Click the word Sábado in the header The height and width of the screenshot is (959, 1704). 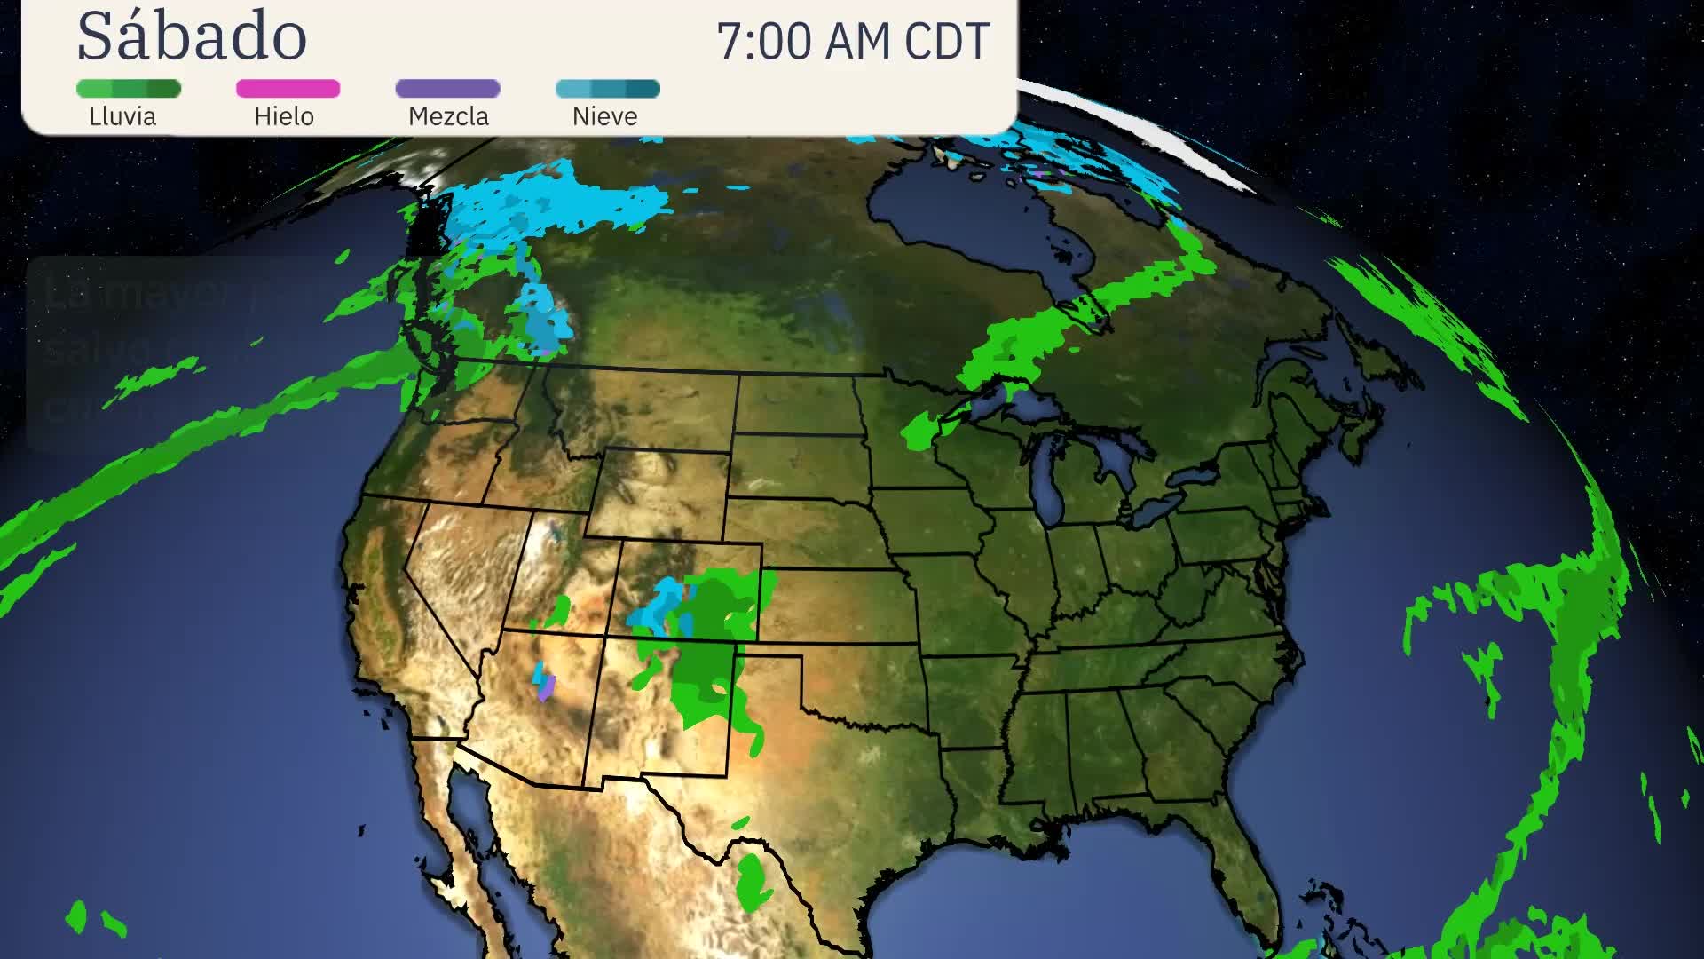[x=192, y=37]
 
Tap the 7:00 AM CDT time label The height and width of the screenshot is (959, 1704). [x=853, y=42]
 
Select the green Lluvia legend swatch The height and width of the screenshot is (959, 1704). [x=129, y=89]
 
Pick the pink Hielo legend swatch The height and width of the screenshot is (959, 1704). [x=288, y=89]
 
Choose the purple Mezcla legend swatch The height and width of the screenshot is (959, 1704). [x=447, y=89]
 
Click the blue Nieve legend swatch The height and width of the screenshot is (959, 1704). [x=607, y=89]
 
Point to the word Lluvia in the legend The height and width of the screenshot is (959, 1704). [x=122, y=116]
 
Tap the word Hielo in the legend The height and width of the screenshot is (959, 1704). [x=284, y=116]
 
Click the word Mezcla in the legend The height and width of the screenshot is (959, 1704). [x=448, y=116]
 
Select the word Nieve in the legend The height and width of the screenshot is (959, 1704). [x=604, y=116]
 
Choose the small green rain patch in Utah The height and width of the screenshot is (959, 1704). [x=559, y=611]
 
